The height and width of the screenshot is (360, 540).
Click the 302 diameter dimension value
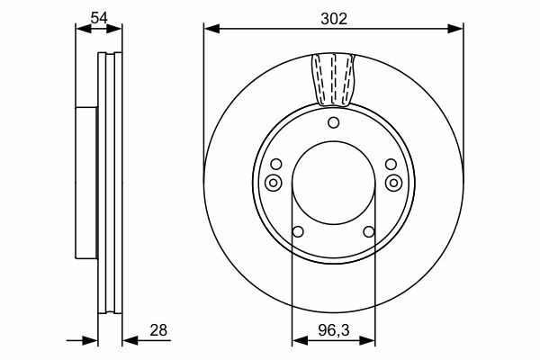[x=334, y=19]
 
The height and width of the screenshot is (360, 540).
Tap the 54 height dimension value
[x=99, y=18]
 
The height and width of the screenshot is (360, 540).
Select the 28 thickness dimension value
[x=158, y=330]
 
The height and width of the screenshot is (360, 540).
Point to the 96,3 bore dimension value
[x=333, y=330]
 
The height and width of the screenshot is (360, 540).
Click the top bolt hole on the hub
[x=333, y=122]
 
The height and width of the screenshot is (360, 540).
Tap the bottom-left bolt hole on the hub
[x=298, y=231]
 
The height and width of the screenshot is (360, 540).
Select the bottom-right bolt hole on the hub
[x=369, y=231]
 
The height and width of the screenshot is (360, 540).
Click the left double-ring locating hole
[x=273, y=183]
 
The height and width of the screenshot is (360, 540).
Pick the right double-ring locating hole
[x=393, y=183]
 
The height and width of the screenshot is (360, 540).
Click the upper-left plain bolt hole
[x=276, y=165]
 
